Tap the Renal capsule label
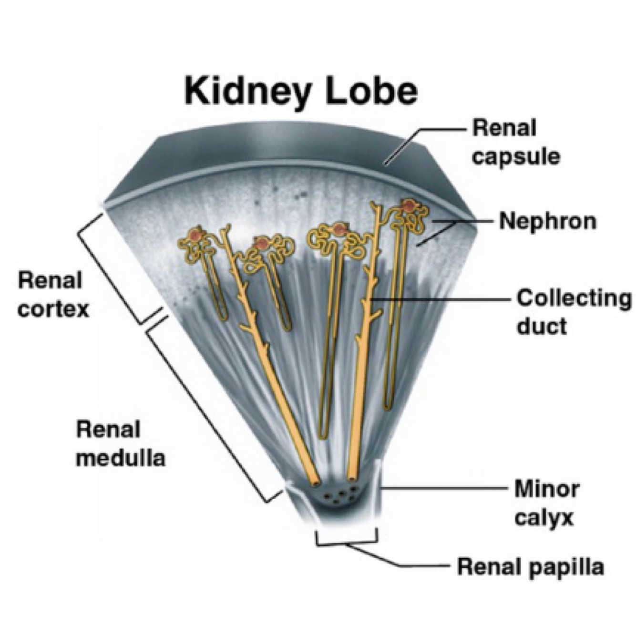515,143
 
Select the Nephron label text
547,221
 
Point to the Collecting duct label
574,312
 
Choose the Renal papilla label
530,567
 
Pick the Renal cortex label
53,295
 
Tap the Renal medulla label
120,444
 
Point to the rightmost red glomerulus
408,206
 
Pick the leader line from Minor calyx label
443,488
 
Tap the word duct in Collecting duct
542,327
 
